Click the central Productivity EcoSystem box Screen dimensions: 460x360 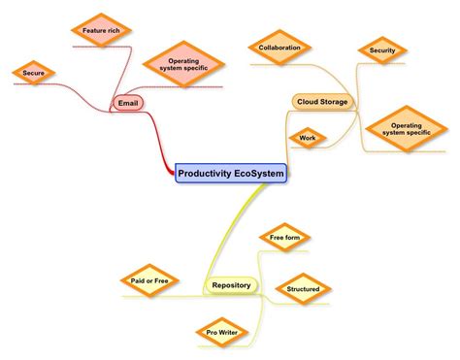click(x=231, y=174)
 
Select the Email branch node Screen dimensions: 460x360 click(x=128, y=102)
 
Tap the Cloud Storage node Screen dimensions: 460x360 click(x=321, y=101)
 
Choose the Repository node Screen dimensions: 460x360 click(x=231, y=285)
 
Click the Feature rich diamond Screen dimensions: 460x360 click(x=100, y=30)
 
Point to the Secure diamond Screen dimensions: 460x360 click(x=33, y=72)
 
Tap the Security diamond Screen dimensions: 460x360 click(x=381, y=50)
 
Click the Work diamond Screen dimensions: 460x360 click(x=308, y=139)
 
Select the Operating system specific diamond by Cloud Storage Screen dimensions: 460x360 click(x=406, y=129)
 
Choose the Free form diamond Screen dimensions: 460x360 click(x=283, y=237)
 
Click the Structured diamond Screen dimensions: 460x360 click(x=303, y=288)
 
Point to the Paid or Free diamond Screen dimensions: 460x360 click(x=149, y=281)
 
